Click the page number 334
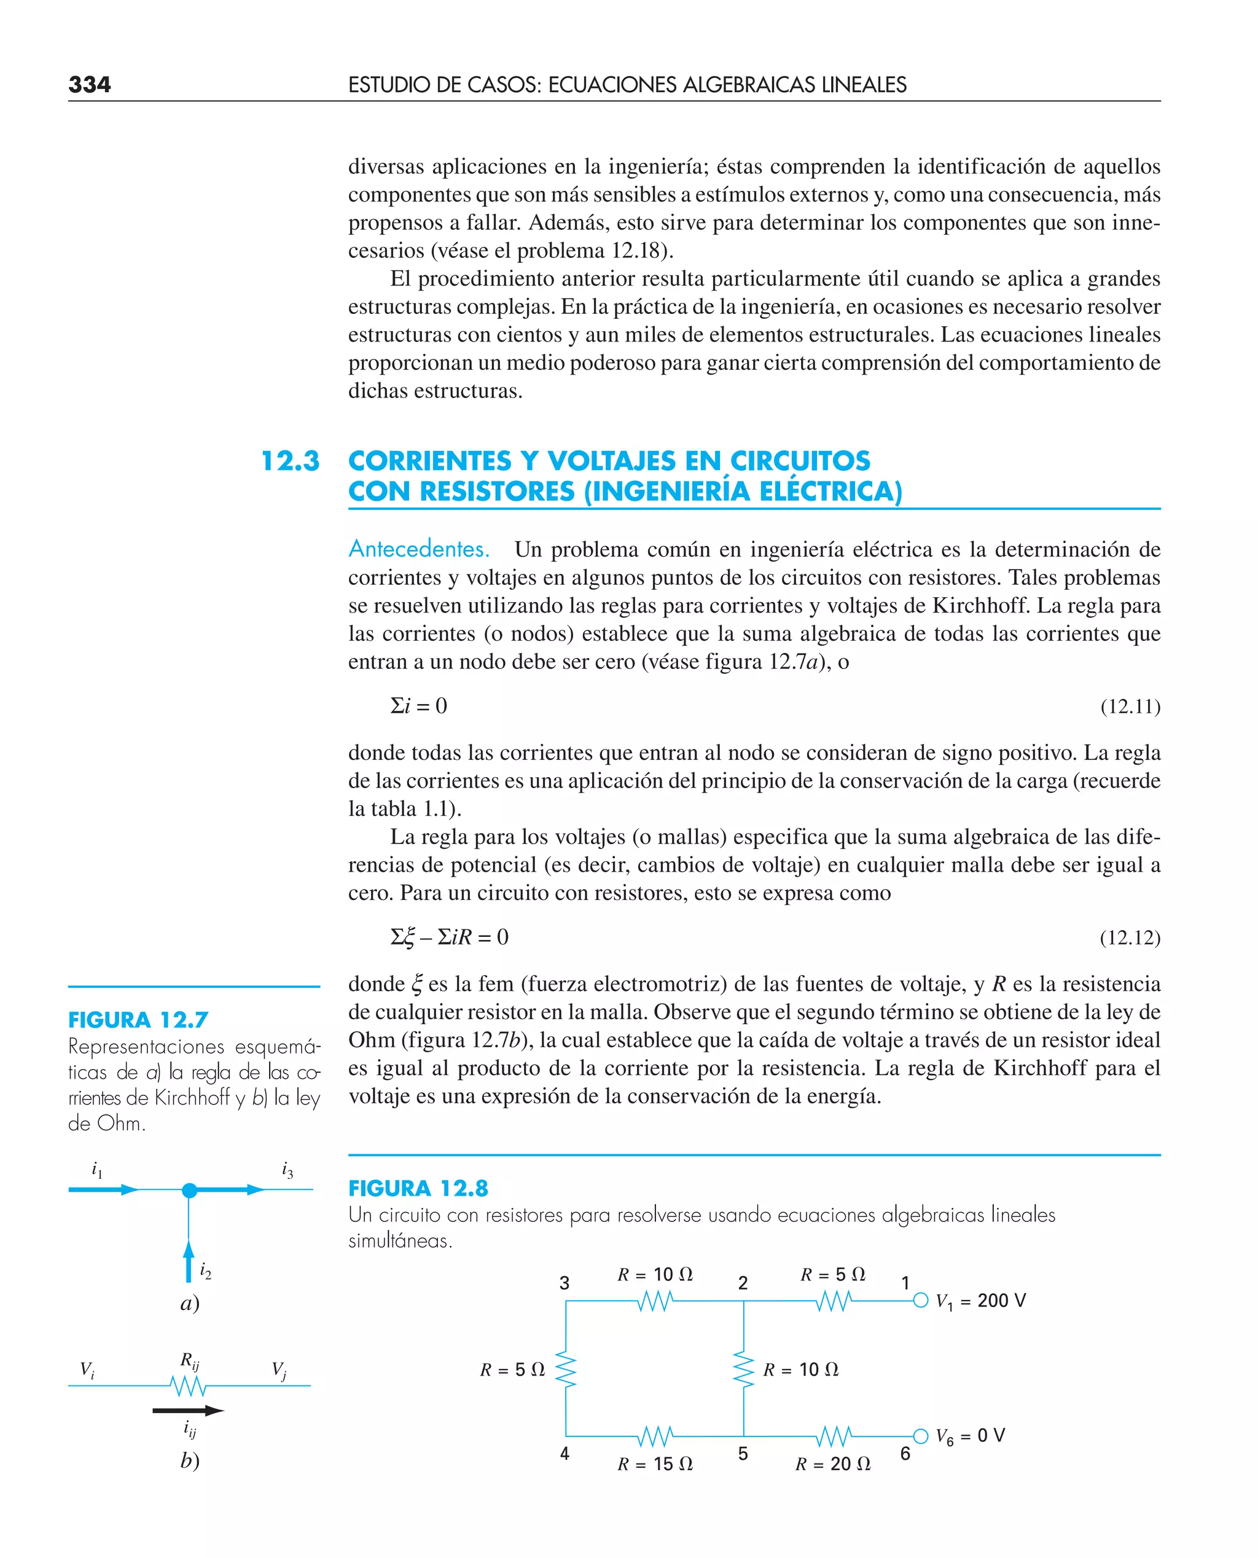point(90,84)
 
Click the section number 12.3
point(290,461)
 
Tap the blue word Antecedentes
point(419,549)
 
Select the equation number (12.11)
point(1130,706)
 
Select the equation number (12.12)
point(1130,937)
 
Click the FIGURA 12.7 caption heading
point(138,1020)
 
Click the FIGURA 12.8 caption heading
point(418,1188)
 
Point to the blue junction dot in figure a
point(189,1190)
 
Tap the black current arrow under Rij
point(189,1410)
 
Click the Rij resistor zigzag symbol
point(189,1385)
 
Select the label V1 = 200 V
point(980,1301)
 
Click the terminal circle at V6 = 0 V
point(920,1436)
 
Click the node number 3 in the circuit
point(565,1283)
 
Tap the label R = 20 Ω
point(833,1464)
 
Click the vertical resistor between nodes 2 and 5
point(743,1369)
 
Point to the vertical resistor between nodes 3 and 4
point(566,1369)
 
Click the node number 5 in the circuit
point(743,1453)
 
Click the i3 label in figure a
point(287,1170)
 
